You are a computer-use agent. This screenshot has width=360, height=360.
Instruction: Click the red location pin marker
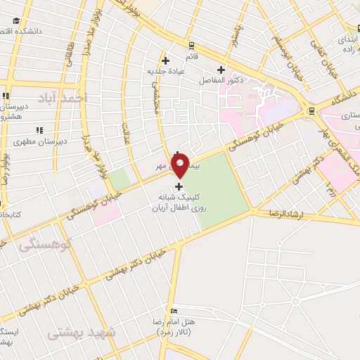[181, 165]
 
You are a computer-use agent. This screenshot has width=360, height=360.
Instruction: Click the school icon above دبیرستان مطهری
[39, 130]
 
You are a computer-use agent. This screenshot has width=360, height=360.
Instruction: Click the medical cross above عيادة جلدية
[165, 60]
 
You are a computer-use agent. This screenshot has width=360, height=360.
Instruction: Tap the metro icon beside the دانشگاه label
[311, 110]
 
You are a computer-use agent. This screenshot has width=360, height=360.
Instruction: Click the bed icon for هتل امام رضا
[174, 311]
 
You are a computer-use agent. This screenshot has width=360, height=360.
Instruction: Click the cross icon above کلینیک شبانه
[179, 186]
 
